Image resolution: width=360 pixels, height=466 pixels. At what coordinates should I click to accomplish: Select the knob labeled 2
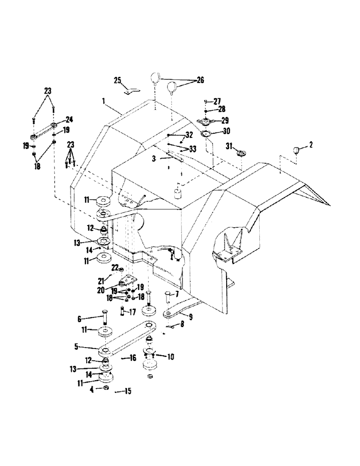click(295, 150)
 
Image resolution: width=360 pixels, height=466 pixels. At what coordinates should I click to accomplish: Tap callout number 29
click(228, 120)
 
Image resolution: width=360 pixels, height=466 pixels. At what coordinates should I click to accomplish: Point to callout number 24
click(69, 119)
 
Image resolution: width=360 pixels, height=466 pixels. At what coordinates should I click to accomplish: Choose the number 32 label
click(189, 134)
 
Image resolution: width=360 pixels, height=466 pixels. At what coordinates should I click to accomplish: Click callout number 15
click(127, 391)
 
